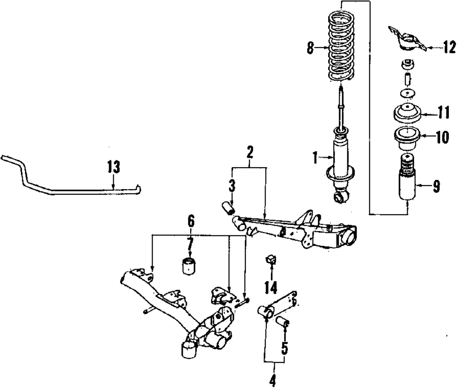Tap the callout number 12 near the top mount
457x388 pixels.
449,46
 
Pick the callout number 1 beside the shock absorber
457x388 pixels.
315,158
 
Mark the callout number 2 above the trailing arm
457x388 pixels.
250,152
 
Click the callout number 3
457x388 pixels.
232,186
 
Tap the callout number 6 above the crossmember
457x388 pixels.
191,222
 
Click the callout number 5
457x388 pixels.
284,349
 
